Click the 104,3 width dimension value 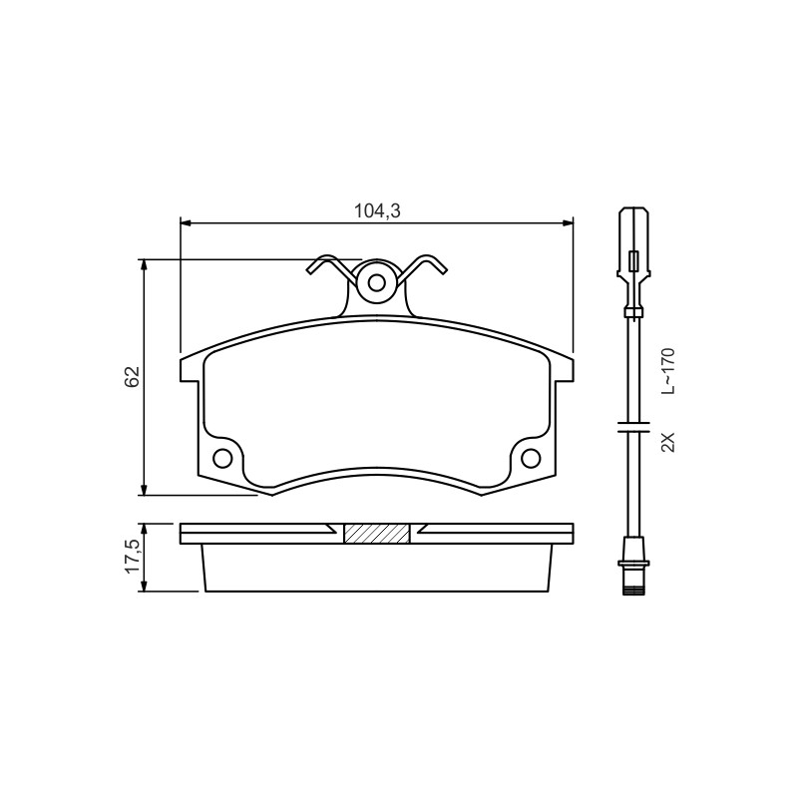pyautogui.click(x=377, y=210)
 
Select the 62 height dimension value pyautogui.click(x=133, y=377)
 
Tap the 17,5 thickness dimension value pyautogui.click(x=133, y=557)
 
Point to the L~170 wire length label pyautogui.click(x=667, y=371)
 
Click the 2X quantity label pyautogui.click(x=667, y=442)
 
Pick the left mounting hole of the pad pyautogui.click(x=222, y=459)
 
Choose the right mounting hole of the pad pyautogui.click(x=531, y=459)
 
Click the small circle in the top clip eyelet pyautogui.click(x=377, y=283)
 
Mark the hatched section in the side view pyautogui.click(x=377, y=534)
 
